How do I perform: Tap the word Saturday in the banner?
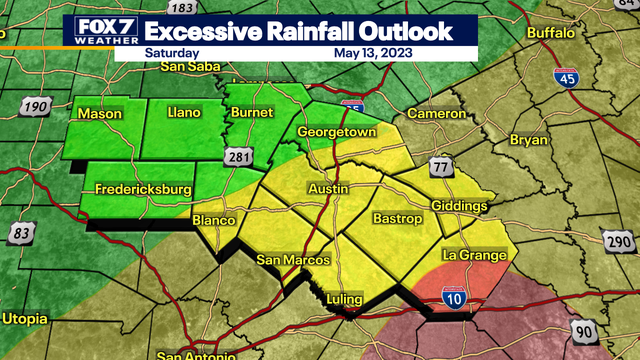click(171, 52)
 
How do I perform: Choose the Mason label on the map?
click(100, 114)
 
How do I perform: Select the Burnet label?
click(252, 114)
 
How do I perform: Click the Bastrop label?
click(393, 217)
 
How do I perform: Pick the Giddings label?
click(458, 206)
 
